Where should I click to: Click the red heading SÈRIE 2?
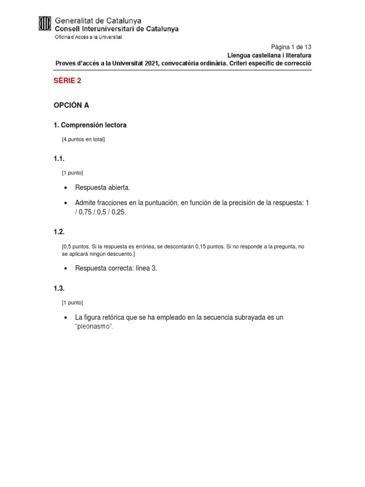coord(67,81)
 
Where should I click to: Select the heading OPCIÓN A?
coord(71,105)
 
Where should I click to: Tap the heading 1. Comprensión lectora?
coord(90,125)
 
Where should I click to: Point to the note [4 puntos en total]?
coord(83,139)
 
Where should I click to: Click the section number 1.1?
coord(59,159)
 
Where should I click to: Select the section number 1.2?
coord(59,232)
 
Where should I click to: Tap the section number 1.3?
coord(59,288)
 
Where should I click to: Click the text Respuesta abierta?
coord(103,188)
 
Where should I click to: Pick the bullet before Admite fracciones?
coord(65,203)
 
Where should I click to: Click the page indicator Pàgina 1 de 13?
coord(291,47)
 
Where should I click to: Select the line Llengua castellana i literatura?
coord(269,55)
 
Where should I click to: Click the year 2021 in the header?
coord(151,63)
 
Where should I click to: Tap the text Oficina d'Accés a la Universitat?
coord(89,37)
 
